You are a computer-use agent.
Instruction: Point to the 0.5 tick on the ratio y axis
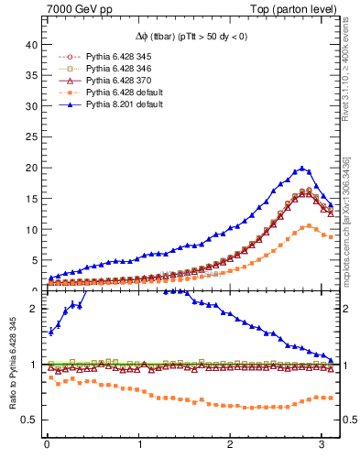32,420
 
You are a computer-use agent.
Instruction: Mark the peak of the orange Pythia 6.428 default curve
310,225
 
